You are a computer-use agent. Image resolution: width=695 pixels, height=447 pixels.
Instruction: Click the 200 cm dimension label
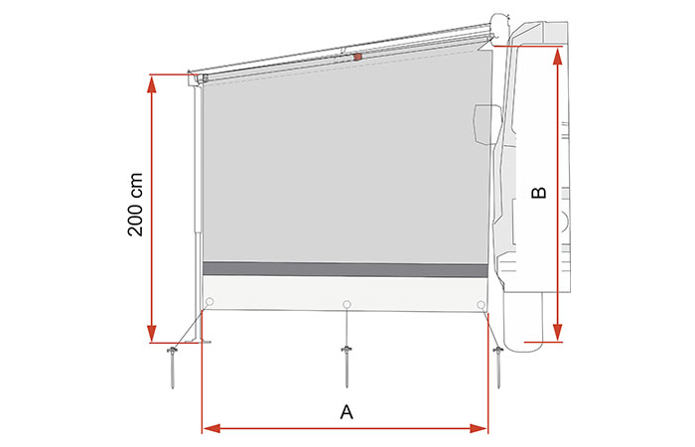135,205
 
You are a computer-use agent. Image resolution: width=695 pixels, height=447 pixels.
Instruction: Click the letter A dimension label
347,412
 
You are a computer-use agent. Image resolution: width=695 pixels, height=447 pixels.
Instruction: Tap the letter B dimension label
539,193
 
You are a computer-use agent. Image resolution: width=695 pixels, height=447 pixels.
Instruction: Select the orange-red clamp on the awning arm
357,57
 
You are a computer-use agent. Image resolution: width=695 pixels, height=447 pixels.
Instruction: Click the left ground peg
172,368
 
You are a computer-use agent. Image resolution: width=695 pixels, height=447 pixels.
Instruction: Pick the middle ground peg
347,367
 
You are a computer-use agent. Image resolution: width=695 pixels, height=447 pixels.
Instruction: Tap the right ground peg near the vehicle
498,368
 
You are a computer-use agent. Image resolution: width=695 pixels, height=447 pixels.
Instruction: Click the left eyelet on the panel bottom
209,302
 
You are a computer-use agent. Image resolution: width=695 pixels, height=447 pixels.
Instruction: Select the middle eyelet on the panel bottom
347,304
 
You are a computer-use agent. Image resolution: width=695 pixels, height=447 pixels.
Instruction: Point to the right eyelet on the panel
481,305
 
